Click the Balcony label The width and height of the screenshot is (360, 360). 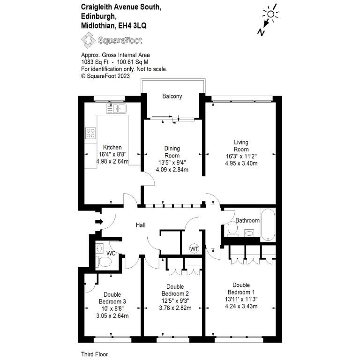[x=172, y=96]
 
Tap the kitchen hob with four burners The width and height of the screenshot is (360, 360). [x=90, y=133]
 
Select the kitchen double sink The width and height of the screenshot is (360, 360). [x=116, y=109]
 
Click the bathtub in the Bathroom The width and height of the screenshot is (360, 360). [x=268, y=225]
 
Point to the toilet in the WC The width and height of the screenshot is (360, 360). [x=105, y=262]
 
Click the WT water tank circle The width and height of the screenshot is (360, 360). [x=194, y=248]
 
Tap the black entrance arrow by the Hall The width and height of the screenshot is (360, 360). [x=99, y=222]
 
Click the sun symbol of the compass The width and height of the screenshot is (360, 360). [x=270, y=14]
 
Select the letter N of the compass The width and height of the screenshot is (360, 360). [x=261, y=32]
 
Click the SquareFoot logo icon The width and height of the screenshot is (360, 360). [x=88, y=40]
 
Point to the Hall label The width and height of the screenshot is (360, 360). [x=141, y=225]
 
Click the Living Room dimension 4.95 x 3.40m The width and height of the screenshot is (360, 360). [x=241, y=164]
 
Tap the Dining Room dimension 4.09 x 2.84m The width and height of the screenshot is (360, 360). [x=172, y=170]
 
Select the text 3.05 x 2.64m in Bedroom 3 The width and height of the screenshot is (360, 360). [x=112, y=315]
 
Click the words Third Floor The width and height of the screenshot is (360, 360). [x=94, y=354]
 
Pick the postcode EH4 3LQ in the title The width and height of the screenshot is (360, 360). [x=132, y=25]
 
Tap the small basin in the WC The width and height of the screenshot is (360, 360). [x=99, y=248]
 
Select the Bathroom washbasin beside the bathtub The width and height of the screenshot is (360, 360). [x=249, y=233]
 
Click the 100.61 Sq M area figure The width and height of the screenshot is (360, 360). [x=133, y=62]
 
